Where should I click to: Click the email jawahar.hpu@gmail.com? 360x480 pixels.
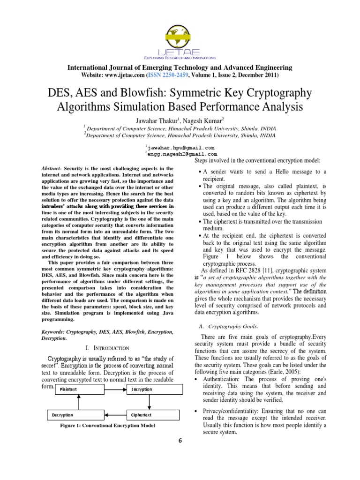(x=177, y=147)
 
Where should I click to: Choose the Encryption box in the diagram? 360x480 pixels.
(x=153, y=389)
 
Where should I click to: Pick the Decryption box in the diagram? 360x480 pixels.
(x=78, y=415)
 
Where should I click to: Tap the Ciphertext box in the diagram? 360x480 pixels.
(x=153, y=415)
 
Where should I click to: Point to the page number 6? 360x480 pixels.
(x=180, y=441)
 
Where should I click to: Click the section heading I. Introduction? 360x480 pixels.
(x=108, y=348)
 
